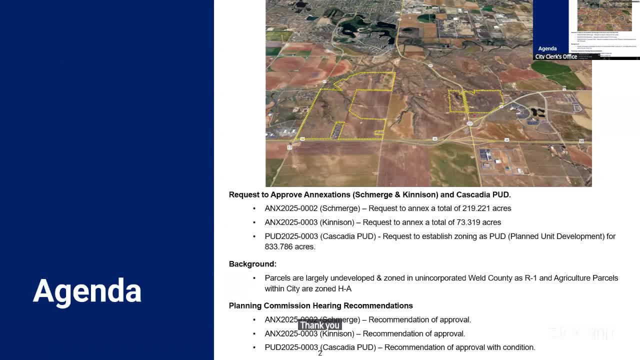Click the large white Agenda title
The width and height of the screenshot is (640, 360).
[87, 290]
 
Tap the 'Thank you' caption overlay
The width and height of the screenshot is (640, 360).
[319, 325]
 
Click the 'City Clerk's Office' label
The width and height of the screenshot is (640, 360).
[556, 56]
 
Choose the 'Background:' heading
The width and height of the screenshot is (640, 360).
[252, 264]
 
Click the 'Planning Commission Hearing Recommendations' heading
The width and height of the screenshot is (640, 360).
[320, 305]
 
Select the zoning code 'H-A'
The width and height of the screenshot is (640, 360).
[343, 289]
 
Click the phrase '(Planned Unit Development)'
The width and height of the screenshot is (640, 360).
[555, 236]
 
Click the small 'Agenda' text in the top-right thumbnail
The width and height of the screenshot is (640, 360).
[547, 48]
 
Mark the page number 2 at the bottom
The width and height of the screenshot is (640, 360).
[320, 353]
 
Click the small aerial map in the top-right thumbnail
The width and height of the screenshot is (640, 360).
[604, 15]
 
